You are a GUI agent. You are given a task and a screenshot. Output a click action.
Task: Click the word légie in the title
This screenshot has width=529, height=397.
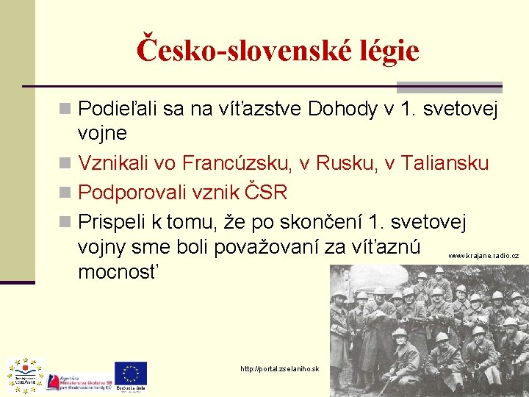point(378,50)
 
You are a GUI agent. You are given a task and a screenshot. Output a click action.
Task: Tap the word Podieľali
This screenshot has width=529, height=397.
point(118,110)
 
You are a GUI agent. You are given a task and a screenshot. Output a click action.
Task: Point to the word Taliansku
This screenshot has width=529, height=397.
point(445,163)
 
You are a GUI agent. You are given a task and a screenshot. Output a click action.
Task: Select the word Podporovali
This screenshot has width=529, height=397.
point(132,193)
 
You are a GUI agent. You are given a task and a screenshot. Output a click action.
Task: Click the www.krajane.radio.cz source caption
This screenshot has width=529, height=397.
point(483,256)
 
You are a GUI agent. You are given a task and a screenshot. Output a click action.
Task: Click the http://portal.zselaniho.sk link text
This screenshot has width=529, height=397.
point(280,368)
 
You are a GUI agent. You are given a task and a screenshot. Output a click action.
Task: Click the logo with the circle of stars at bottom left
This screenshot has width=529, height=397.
point(25,373)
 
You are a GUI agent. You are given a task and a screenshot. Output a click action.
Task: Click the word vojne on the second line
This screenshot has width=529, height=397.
point(102,134)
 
